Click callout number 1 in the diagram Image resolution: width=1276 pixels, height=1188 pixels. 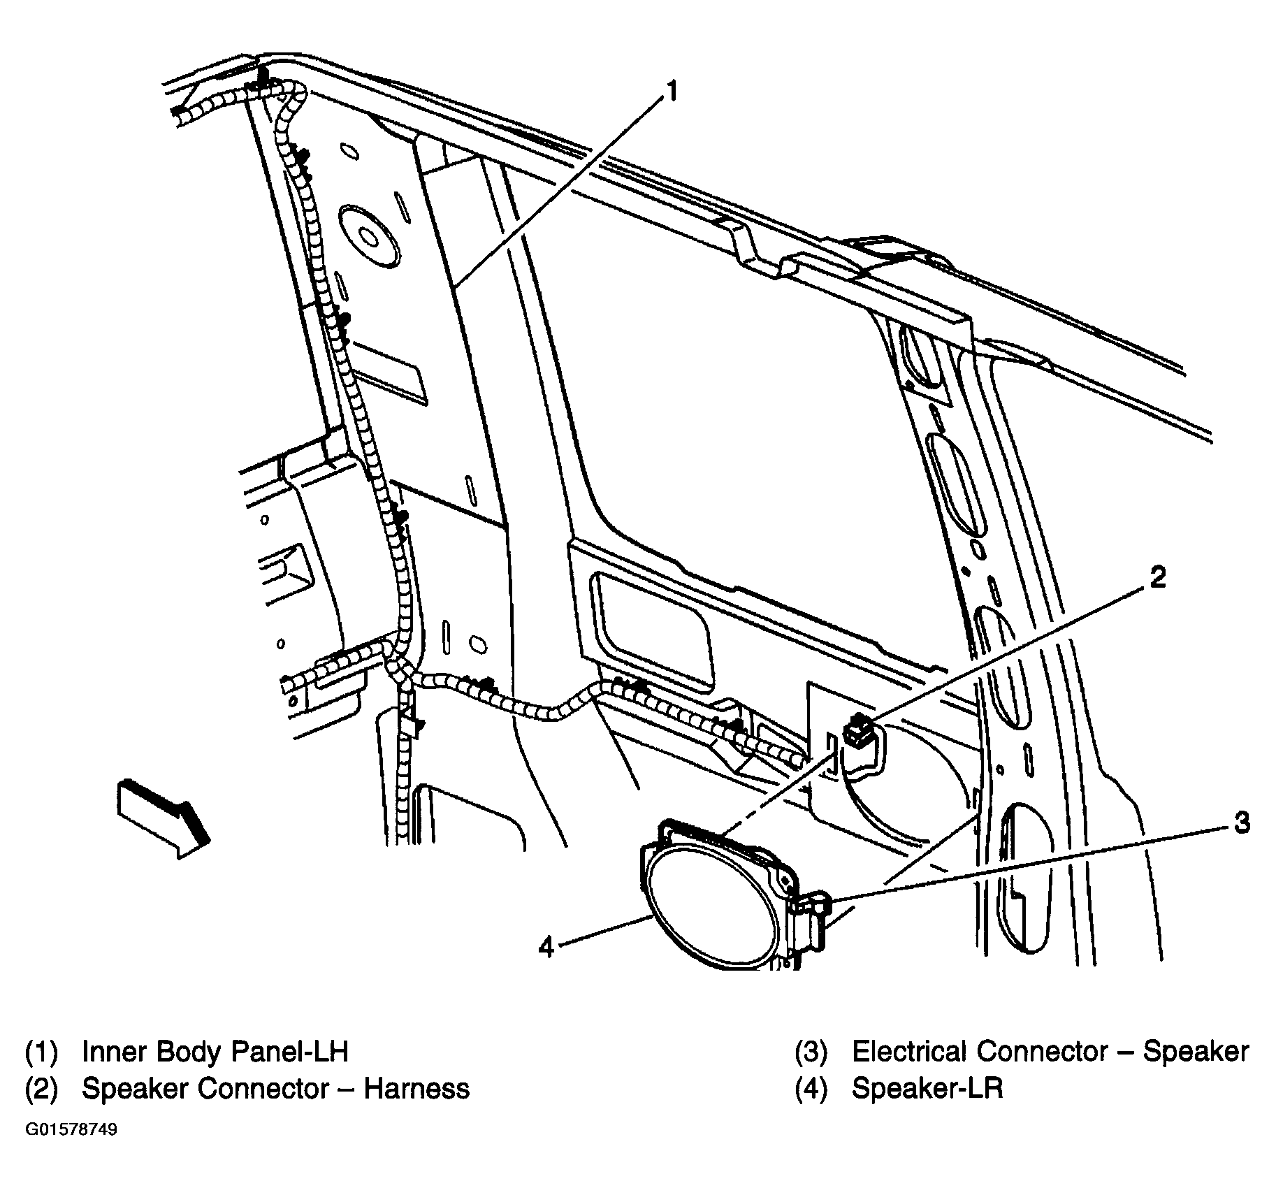(671, 91)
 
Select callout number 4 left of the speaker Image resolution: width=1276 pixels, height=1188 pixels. (546, 947)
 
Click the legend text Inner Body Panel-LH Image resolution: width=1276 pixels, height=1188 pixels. (215, 1052)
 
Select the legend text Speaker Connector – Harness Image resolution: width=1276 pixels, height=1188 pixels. (276, 1089)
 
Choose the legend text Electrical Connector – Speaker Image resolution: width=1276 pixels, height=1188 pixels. (1050, 1052)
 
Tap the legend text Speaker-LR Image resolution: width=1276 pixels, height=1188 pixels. (927, 1089)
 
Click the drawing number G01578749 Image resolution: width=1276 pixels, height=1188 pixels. (72, 1130)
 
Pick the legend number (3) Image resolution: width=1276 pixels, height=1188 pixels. (811, 1052)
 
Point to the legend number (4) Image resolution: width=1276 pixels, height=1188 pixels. (811, 1089)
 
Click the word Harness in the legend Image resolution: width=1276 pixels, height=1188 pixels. (417, 1089)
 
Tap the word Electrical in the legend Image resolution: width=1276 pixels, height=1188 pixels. (910, 1052)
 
